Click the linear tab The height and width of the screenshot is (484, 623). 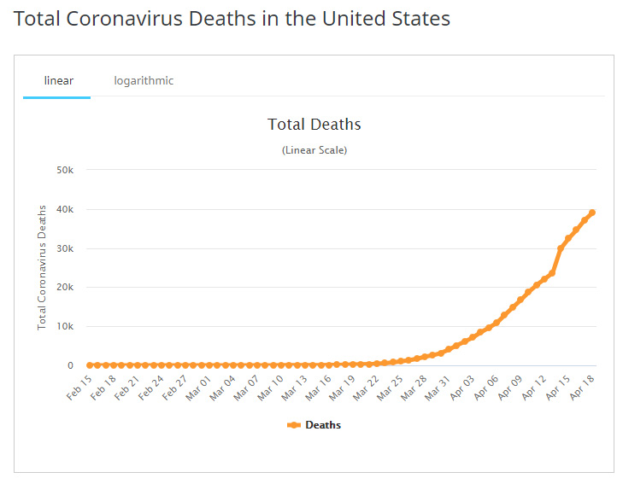coord(59,81)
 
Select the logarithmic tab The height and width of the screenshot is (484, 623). coord(144,81)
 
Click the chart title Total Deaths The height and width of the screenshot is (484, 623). coord(314,125)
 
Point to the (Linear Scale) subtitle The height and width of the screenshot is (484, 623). coord(314,150)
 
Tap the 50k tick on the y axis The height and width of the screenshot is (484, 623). coord(66,171)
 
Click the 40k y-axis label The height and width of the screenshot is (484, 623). coord(66,210)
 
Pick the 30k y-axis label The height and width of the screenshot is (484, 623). coord(66,249)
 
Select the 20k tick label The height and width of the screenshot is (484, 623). coord(66,288)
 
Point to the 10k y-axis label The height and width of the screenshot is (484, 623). coord(66,327)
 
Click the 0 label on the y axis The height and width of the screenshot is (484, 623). coord(72,365)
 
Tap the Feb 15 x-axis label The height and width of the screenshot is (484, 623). coord(79,386)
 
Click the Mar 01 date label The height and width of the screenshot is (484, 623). coord(197,386)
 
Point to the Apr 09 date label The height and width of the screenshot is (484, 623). coord(508,386)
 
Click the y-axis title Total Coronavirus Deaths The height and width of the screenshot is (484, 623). coord(41,266)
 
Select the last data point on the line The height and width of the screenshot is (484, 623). coord(592,213)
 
